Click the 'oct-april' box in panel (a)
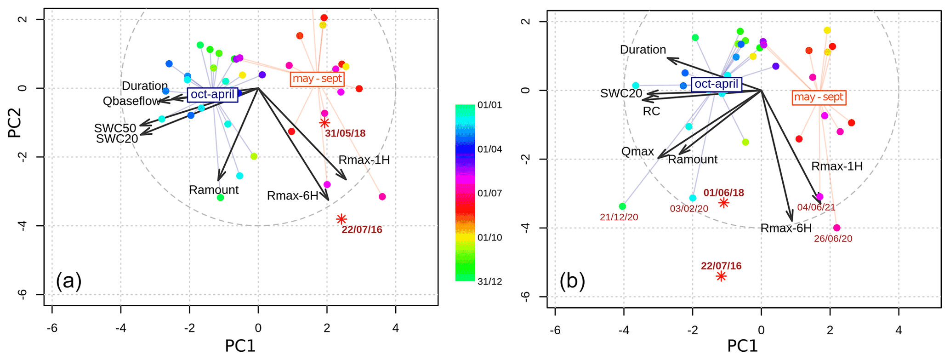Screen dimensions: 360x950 pos(212,95)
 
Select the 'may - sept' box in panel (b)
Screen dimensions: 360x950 pos(819,97)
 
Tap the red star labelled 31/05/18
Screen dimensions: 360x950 pos(324,123)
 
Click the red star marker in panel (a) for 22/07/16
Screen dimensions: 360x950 pos(341,219)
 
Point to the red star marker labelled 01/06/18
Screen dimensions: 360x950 pos(724,203)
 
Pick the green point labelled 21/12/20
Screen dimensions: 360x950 pos(622,206)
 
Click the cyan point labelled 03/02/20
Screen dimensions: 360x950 pos(693,198)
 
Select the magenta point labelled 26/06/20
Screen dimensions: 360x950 pos(836,228)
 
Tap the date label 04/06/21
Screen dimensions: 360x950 pos(816,207)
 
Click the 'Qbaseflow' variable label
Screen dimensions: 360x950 pos(131,101)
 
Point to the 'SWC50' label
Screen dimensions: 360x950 pos(115,128)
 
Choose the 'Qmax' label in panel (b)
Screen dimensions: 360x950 pos(637,152)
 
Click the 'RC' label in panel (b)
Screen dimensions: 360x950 pos(651,111)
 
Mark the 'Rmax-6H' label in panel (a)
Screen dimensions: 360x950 pos(292,196)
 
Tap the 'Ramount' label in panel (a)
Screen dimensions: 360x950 pos(214,190)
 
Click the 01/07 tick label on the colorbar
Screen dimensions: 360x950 pos(489,193)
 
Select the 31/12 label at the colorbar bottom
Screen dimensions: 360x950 pos(489,281)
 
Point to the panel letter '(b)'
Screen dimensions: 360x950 pos(572,280)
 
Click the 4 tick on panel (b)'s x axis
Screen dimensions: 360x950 pos(899,330)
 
